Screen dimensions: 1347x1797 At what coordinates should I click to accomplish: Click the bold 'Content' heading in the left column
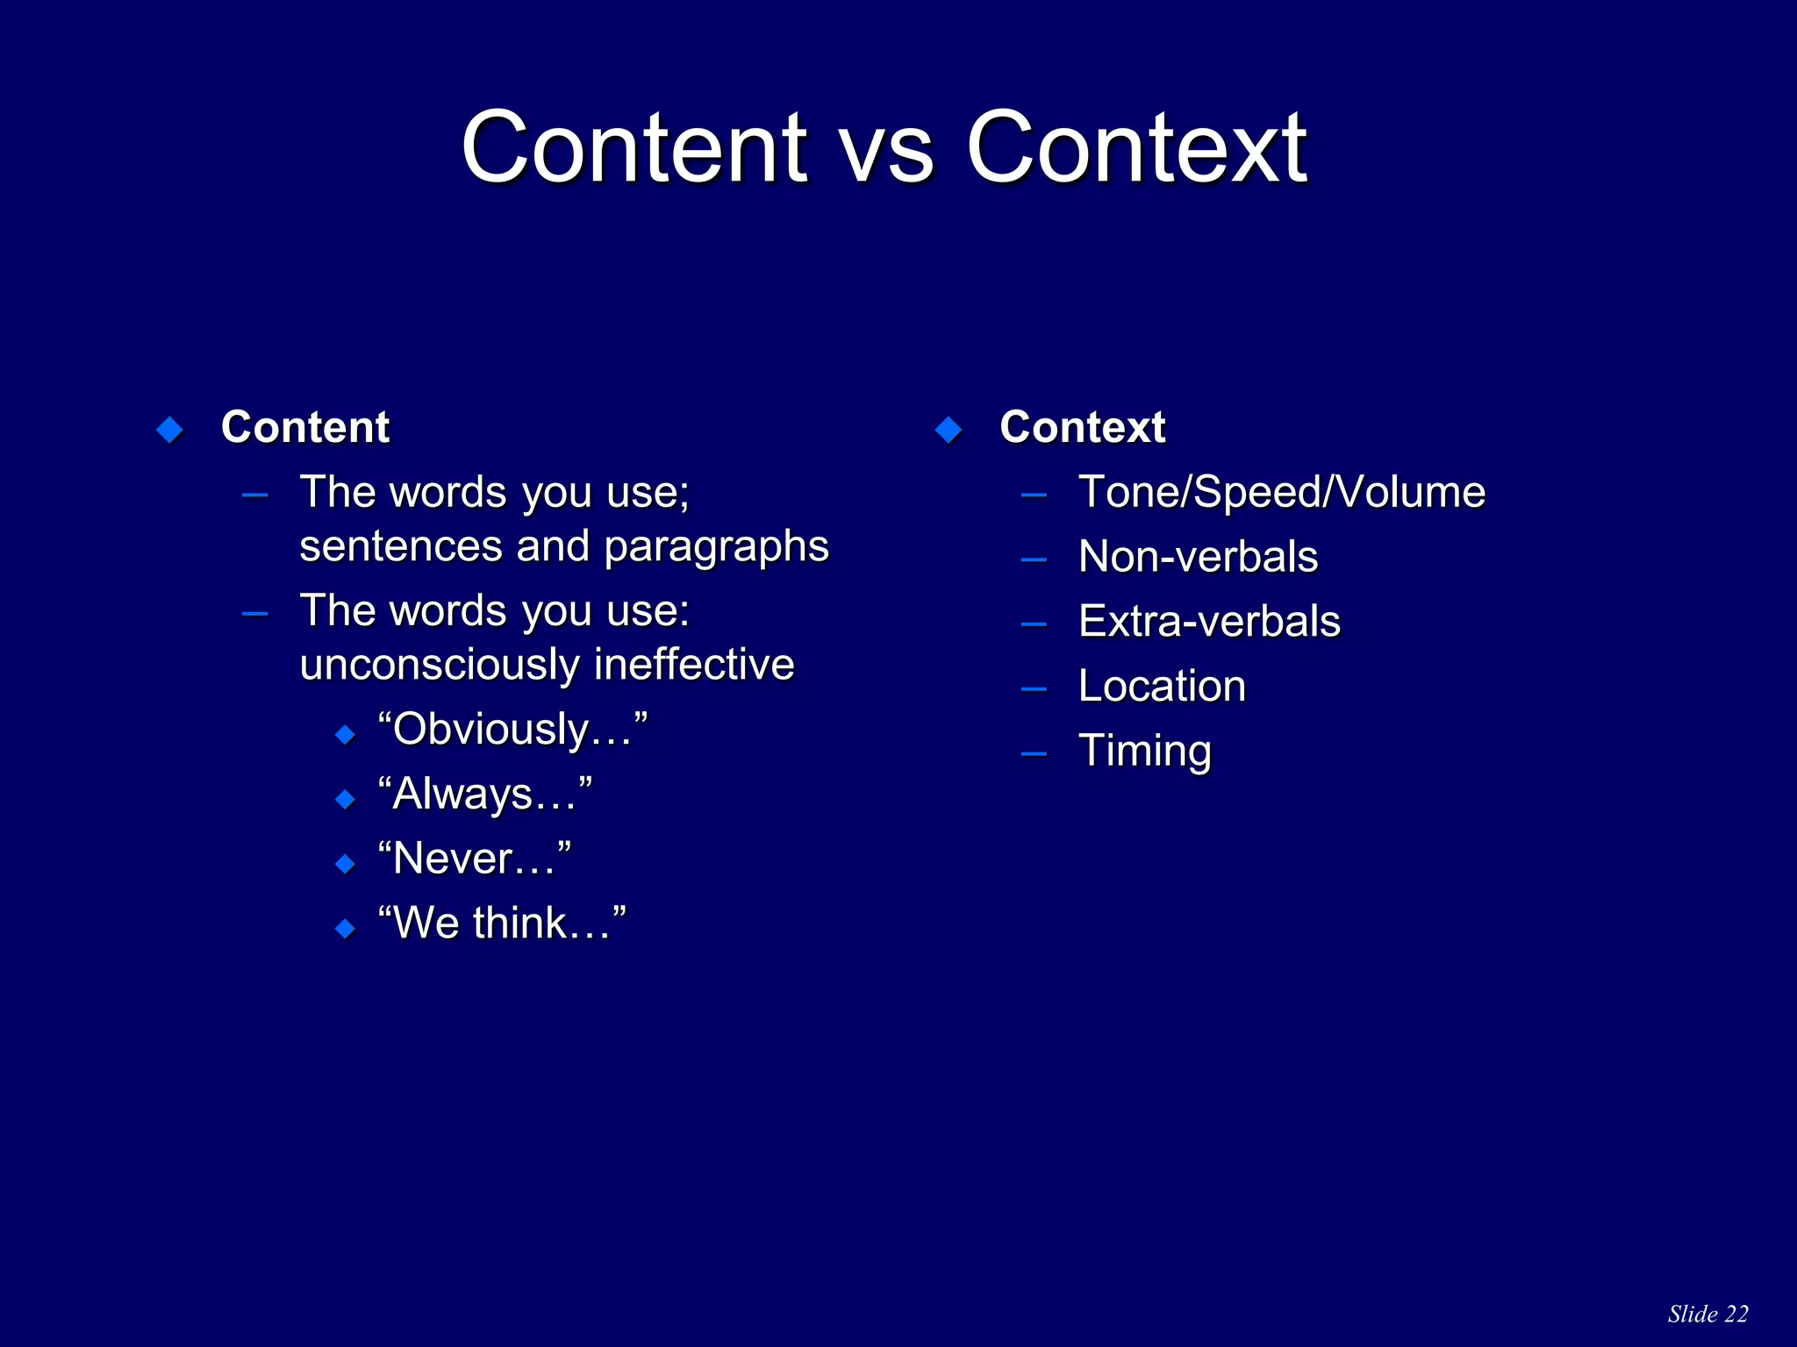(304, 428)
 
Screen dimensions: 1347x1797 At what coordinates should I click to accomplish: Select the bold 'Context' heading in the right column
(1082, 428)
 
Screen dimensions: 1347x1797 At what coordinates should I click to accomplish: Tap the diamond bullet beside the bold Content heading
(169, 430)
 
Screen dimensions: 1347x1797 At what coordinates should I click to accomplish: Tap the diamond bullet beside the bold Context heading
(949, 430)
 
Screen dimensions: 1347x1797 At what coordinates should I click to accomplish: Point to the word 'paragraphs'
(716, 547)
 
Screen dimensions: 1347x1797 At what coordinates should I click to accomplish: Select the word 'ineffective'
(694, 665)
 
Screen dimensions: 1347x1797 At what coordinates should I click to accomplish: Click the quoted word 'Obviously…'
(512, 730)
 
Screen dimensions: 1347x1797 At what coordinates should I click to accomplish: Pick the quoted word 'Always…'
(485, 795)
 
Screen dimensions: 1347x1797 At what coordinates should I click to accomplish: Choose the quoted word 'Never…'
(475, 859)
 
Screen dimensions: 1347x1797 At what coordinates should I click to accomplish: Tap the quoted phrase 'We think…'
(502, 923)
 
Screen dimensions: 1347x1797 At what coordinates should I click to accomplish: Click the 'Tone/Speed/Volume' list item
(1281, 492)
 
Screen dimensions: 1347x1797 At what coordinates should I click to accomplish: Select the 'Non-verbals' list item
(1198, 557)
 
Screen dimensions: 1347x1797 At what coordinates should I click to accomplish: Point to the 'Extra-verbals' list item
(1209, 622)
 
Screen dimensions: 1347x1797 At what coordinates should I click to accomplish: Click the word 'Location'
(1162, 687)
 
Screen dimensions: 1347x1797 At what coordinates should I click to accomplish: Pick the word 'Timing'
(1144, 752)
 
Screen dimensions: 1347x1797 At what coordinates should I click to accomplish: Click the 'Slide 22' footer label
(1708, 1314)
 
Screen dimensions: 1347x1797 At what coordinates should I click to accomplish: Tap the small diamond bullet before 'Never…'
(346, 864)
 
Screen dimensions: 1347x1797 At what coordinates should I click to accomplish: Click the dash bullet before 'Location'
(1034, 689)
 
